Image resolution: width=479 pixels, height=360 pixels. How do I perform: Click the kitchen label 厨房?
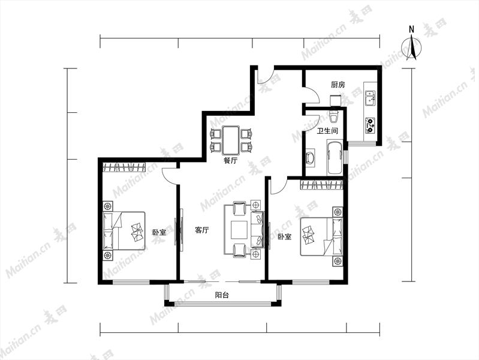(338, 85)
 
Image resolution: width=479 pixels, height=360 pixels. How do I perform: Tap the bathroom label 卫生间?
(327, 131)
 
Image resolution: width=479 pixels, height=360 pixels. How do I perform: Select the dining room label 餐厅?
(230, 161)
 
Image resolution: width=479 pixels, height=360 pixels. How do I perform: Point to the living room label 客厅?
(201, 230)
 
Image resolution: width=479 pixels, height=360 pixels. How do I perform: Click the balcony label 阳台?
(222, 295)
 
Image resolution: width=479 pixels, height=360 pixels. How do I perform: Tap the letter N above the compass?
(411, 29)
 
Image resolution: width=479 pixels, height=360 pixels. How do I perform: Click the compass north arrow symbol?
(411, 47)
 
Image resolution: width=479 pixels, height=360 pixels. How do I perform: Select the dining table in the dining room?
(231, 140)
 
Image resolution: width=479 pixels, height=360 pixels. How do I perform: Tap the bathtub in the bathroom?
(335, 158)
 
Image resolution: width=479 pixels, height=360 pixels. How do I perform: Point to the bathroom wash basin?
(310, 158)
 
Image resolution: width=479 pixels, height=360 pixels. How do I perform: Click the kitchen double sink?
(370, 98)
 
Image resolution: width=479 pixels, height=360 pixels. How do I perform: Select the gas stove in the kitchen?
(370, 125)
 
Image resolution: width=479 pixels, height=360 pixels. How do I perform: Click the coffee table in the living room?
(239, 230)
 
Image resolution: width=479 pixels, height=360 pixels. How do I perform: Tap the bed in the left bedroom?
(123, 231)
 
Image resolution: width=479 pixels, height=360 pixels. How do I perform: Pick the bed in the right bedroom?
(321, 236)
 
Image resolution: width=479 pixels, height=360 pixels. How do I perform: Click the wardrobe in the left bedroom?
(123, 167)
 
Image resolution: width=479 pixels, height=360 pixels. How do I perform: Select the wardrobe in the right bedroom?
(321, 185)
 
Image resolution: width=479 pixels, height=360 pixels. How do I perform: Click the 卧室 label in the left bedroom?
(159, 232)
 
